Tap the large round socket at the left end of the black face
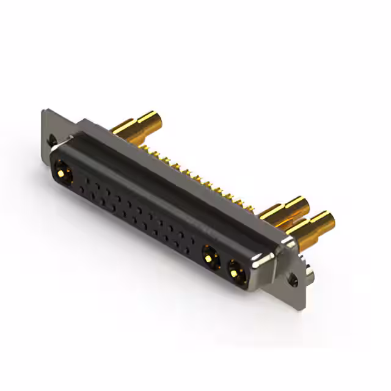click(x=63, y=170)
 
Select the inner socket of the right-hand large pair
click(x=210, y=255)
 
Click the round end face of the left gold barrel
click(x=158, y=118)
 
